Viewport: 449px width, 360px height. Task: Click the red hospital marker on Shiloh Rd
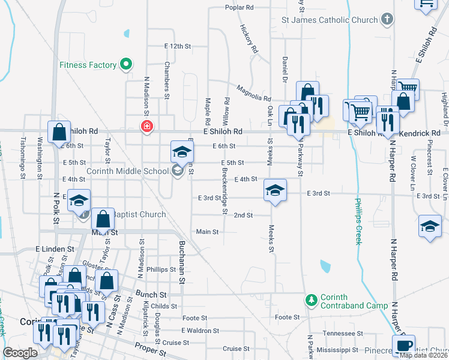point(146,127)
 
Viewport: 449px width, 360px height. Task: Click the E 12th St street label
point(177,46)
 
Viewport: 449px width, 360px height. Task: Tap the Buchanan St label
point(181,257)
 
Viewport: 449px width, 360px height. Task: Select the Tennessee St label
point(343,333)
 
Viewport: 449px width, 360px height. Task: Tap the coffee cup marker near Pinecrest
point(405,345)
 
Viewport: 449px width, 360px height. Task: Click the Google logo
point(20,353)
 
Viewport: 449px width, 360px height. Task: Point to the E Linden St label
point(55,248)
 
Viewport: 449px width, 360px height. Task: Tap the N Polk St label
point(56,208)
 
